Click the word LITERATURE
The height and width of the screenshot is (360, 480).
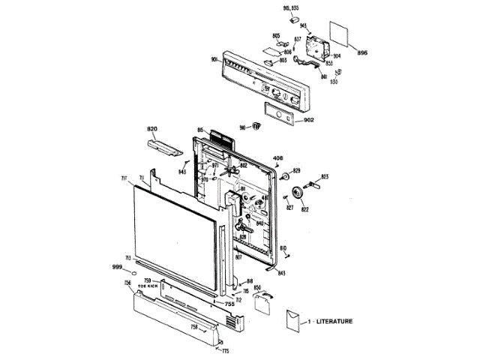coord(334,321)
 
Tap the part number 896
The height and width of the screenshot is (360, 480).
coord(362,52)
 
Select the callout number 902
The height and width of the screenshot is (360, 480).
coord(308,121)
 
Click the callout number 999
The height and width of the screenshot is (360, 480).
coord(117,268)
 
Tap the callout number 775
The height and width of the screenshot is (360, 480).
coord(224,350)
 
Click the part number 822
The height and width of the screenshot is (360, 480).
coord(305,210)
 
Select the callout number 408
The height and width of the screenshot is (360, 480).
coord(277,157)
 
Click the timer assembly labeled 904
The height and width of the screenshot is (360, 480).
coord(319,47)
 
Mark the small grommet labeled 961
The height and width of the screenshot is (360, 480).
coord(255,127)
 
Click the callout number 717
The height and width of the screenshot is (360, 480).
coord(124,178)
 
